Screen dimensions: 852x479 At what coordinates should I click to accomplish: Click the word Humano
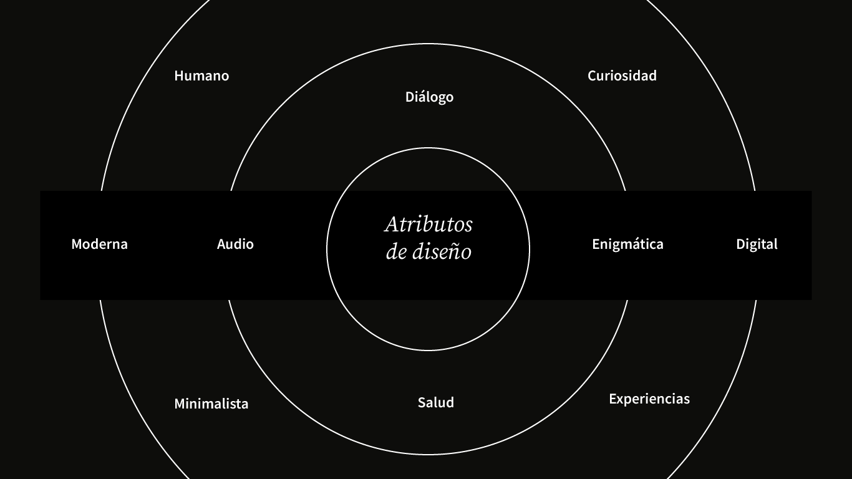pyautogui.click(x=201, y=76)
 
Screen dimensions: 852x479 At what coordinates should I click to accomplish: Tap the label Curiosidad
pyautogui.click(x=622, y=76)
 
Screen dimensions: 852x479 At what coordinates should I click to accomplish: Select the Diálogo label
pyautogui.click(x=429, y=97)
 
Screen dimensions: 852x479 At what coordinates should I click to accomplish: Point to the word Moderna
pyautogui.click(x=99, y=244)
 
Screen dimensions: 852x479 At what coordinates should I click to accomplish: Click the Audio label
pyautogui.click(x=235, y=244)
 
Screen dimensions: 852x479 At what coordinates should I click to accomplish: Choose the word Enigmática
pyautogui.click(x=627, y=244)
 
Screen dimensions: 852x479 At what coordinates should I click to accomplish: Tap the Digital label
pyautogui.click(x=757, y=244)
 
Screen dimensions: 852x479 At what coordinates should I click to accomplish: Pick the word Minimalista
pyautogui.click(x=211, y=404)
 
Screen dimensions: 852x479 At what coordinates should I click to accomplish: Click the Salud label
pyautogui.click(x=435, y=403)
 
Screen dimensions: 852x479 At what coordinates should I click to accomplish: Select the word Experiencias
pyautogui.click(x=649, y=399)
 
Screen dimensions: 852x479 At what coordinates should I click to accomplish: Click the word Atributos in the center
pyautogui.click(x=428, y=224)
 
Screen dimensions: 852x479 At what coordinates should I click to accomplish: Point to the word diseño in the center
pyautogui.click(x=442, y=252)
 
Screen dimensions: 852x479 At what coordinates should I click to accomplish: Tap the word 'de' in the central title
pyautogui.click(x=396, y=252)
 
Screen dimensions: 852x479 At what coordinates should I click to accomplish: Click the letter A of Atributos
pyautogui.click(x=392, y=224)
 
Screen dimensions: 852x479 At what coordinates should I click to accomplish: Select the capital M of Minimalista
pyautogui.click(x=180, y=404)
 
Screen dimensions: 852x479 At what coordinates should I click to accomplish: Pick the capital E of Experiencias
pyautogui.click(x=612, y=399)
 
